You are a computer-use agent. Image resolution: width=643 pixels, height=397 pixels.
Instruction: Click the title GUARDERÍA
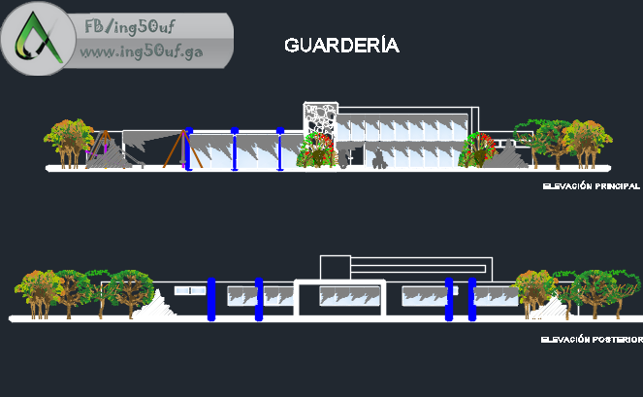coord(341,46)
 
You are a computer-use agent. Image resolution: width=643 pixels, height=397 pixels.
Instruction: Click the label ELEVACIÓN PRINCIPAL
coord(591,184)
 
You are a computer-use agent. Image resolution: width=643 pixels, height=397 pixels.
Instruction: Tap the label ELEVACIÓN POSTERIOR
coord(592,340)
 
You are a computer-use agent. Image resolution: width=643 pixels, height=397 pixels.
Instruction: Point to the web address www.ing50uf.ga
coord(141,51)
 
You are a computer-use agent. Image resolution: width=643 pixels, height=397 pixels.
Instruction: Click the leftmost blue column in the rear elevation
coord(210,299)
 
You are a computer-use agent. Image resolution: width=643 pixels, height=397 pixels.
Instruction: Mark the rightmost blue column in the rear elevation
coord(472,299)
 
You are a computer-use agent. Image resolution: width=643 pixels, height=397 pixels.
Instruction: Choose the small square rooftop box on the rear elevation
coord(335,267)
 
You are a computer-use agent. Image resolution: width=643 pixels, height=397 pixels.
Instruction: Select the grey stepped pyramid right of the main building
coord(505,155)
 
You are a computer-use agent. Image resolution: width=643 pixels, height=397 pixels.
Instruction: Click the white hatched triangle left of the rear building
coord(153,304)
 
